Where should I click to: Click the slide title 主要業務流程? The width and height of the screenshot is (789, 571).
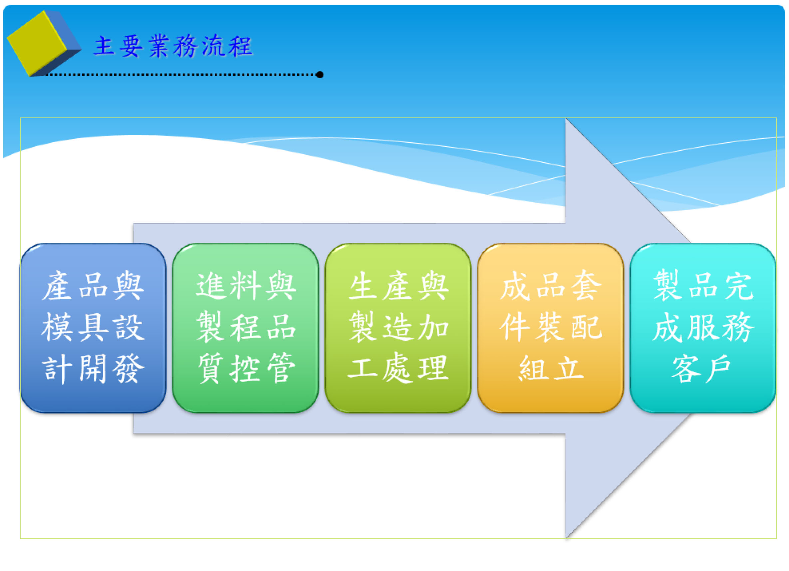tap(173, 46)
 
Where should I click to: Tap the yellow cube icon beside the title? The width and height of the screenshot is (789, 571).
tap(44, 43)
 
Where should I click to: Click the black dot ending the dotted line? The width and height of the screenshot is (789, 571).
tap(320, 75)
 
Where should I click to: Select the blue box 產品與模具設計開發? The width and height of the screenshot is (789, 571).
tap(93, 328)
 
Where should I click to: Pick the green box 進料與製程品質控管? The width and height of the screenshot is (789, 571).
tap(245, 328)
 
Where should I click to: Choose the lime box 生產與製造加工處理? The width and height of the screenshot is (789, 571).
tap(398, 328)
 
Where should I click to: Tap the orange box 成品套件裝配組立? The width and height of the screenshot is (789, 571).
tap(550, 328)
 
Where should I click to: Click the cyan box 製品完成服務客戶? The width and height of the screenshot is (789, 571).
tap(703, 328)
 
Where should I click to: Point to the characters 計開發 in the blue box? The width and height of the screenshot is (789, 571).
tap(93, 369)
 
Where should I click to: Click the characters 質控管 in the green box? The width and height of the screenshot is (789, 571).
tap(246, 369)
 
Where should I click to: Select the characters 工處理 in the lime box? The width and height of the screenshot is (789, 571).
tap(398, 369)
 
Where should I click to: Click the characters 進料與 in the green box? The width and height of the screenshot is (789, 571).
tap(246, 286)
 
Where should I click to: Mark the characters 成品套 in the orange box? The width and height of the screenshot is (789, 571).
tap(551, 286)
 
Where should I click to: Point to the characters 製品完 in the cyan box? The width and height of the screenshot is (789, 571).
tap(703, 285)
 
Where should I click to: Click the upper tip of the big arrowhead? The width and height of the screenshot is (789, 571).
tap(566, 119)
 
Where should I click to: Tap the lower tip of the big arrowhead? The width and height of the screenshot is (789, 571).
tap(566, 538)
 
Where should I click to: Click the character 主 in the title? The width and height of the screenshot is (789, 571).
tap(104, 46)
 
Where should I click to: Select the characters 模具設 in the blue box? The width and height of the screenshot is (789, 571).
tap(93, 327)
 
